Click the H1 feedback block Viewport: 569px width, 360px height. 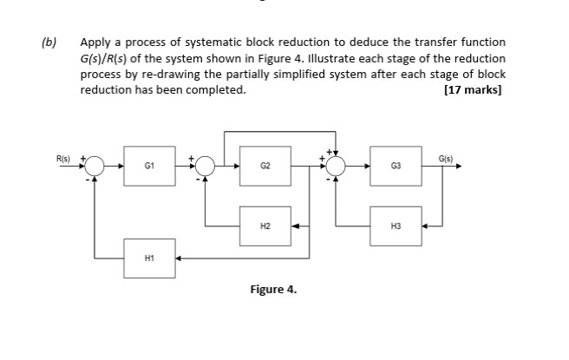tap(148, 259)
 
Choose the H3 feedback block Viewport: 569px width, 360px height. tap(396, 226)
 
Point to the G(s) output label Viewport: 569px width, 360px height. tap(446, 158)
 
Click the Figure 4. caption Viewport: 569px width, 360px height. tap(273, 290)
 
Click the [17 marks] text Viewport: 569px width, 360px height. tap(474, 89)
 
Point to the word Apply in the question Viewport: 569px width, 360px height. tap(95, 42)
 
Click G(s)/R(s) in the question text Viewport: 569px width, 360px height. tap(108, 58)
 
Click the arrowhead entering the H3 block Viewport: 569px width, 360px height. tap(425, 226)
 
